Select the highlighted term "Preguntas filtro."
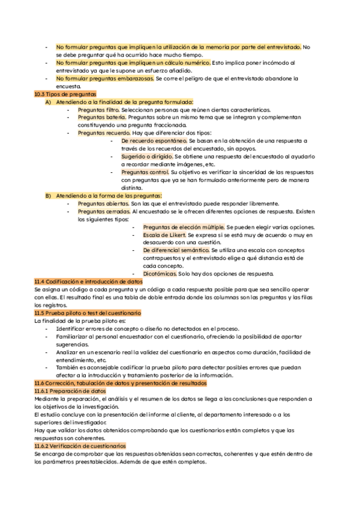(98, 110)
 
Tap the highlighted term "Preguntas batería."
(101, 118)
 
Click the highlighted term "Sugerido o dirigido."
(147, 157)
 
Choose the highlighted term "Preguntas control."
(145, 172)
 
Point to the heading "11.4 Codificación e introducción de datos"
(89, 282)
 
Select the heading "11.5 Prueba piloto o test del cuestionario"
(88, 313)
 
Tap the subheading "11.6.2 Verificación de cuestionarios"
(80, 446)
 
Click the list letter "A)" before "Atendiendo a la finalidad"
(48, 102)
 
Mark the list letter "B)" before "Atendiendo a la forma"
(48, 196)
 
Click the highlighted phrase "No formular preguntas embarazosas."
(105, 79)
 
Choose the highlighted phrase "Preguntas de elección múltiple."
(184, 227)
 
